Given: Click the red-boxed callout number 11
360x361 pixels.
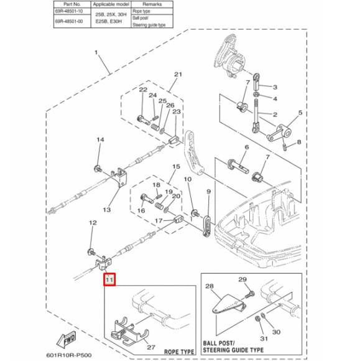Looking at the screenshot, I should point(110,280).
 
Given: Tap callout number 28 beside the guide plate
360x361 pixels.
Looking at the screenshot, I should point(208,286).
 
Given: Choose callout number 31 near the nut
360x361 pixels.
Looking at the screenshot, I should point(264,338).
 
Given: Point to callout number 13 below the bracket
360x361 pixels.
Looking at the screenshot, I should point(107,210).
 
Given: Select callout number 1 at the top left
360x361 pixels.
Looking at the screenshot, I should point(96,54).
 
